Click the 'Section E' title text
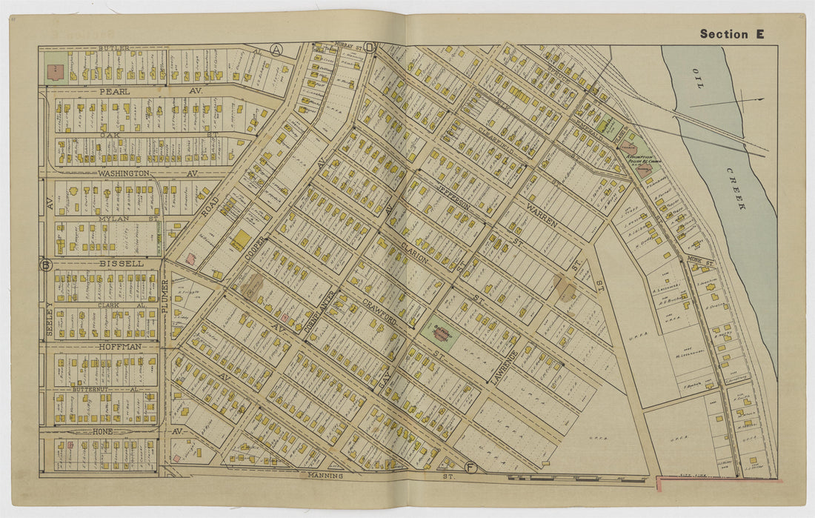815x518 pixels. pyautogui.click(x=731, y=34)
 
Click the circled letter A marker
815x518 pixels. pyautogui.click(x=276, y=50)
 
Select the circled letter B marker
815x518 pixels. pyautogui.click(x=46, y=265)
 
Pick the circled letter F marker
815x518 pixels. pyautogui.click(x=470, y=467)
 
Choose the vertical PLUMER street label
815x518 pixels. pyautogui.click(x=164, y=296)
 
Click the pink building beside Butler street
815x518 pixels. pyautogui.click(x=54, y=72)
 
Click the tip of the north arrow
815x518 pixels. pyautogui.click(x=763, y=99)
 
